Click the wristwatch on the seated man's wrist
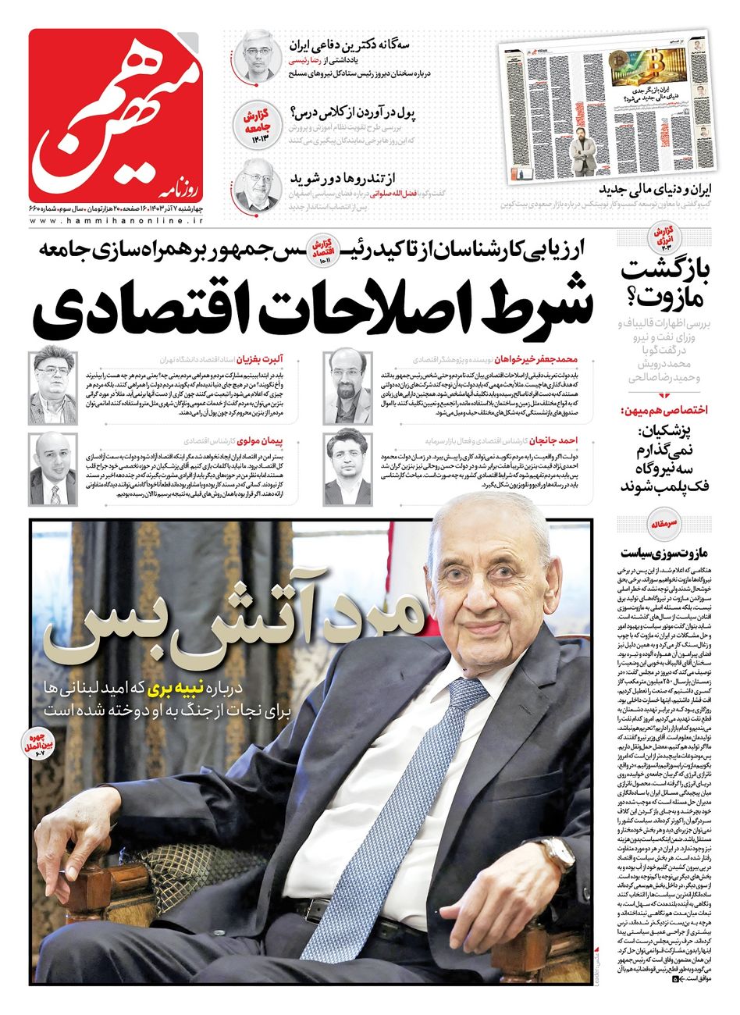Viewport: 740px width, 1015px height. click(x=557, y=857)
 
